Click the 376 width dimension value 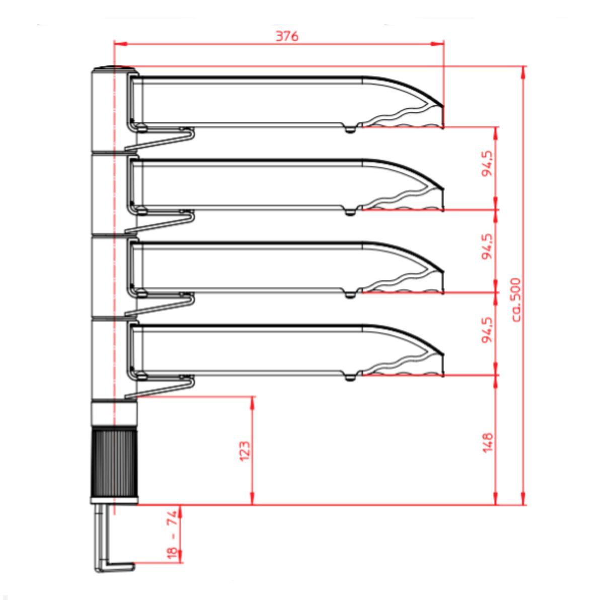pyautogui.click(x=287, y=36)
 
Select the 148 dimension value pyautogui.click(x=487, y=442)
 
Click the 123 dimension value pyautogui.click(x=244, y=451)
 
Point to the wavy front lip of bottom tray pyautogui.click(x=403, y=366)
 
